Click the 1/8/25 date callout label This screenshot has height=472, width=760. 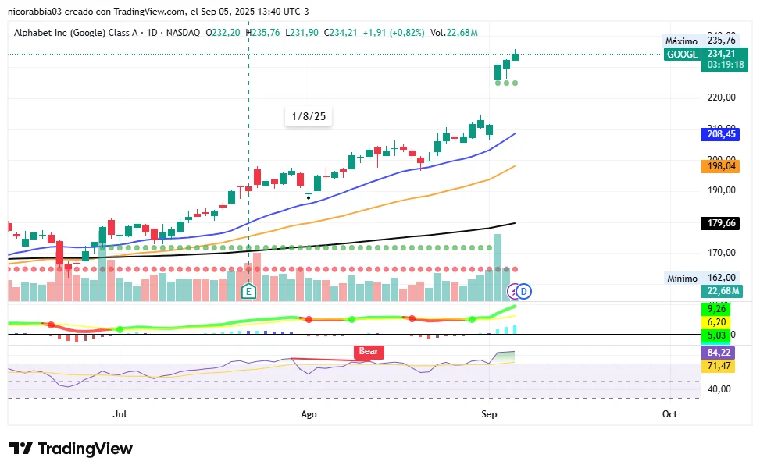[309, 117]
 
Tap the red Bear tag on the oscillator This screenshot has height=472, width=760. [369, 351]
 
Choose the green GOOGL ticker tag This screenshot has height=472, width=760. [682, 54]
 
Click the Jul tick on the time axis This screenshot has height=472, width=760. [120, 413]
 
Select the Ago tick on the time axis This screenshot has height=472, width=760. [309, 413]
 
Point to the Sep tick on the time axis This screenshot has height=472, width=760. [489, 413]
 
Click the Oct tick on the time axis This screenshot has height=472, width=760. [669, 413]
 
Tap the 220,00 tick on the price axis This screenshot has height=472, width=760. [721, 98]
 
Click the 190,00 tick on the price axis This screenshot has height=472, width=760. [721, 190]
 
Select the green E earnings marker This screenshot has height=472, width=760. [248, 292]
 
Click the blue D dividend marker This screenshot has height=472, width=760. [525, 292]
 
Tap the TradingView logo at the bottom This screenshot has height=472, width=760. [71, 449]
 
